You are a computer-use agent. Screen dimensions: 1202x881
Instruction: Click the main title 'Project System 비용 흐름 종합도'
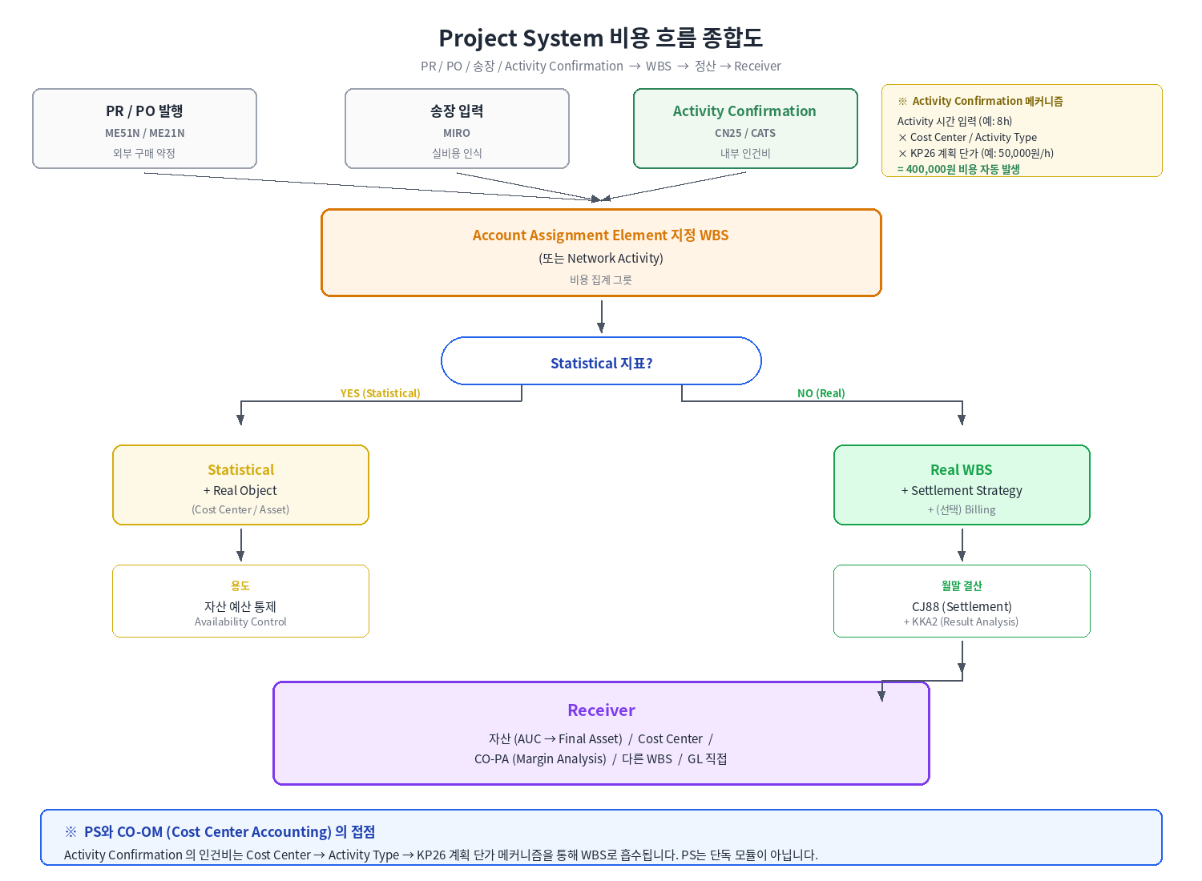(x=601, y=38)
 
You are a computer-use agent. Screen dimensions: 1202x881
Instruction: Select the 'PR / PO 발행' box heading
(x=144, y=111)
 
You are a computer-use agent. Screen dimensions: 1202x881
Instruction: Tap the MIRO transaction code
(x=457, y=133)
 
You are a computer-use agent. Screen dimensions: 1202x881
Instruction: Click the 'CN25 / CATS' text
(x=745, y=133)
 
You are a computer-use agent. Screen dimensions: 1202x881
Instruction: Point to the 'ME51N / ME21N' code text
(x=144, y=133)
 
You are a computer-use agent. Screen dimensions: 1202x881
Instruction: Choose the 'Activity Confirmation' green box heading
(x=744, y=111)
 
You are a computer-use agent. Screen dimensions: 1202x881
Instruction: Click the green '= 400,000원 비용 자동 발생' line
(x=958, y=170)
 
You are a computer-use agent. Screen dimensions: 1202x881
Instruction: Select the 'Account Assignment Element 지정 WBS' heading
(x=601, y=235)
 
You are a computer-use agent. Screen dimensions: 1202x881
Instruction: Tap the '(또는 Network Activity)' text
(x=601, y=259)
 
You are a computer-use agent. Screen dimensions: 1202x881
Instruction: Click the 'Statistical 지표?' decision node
(x=601, y=361)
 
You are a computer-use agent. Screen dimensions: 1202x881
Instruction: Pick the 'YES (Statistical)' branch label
(x=381, y=393)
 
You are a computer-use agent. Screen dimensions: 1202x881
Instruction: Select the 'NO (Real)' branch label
(x=821, y=393)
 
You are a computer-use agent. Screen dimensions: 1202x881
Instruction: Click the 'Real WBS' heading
(x=962, y=470)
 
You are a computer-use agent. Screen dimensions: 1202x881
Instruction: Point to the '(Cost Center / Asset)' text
(x=240, y=510)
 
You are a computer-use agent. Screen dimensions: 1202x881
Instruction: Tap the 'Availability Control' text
(x=240, y=622)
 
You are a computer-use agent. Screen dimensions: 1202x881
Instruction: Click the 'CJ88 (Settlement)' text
(x=962, y=607)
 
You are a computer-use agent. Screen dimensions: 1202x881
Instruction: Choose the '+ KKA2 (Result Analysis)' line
(x=961, y=622)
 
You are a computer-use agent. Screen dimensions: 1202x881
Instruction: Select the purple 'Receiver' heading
(x=601, y=710)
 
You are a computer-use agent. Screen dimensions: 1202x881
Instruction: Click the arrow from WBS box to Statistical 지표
(x=602, y=317)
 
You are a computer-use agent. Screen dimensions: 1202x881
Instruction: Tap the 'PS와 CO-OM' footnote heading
(x=230, y=832)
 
